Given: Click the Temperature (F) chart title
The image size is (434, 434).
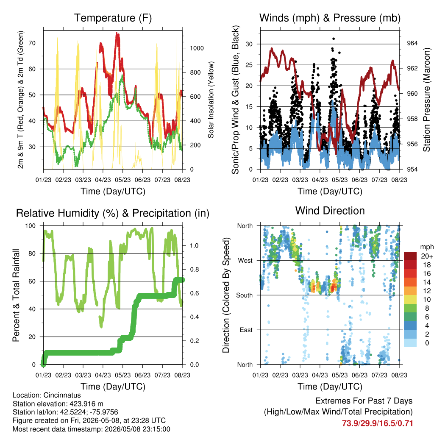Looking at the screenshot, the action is tap(113, 18).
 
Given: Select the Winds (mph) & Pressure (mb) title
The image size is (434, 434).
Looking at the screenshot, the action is tap(330, 18).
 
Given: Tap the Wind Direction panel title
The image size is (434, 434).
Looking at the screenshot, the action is tap(330, 211).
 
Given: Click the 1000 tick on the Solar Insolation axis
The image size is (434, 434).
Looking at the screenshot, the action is tap(197, 48).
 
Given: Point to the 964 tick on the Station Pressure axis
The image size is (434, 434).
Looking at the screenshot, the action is tap(412, 43).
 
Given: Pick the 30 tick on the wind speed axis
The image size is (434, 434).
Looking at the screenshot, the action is tap(249, 44).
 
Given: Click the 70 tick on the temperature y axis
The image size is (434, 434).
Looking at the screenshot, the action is tap(32, 43).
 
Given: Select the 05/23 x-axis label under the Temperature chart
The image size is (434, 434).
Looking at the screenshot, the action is tap(122, 180).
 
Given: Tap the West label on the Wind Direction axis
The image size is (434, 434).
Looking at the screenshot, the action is tap(245, 261).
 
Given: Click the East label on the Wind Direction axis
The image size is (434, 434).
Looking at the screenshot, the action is tap(246, 330).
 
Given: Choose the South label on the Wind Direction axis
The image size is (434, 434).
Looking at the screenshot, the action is tap(245, 295).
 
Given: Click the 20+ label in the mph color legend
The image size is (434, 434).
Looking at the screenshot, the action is tap(427, 256).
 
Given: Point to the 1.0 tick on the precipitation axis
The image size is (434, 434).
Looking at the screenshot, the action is tap(194, 246).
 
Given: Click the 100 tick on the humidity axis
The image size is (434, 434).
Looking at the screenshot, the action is tap(31, 226).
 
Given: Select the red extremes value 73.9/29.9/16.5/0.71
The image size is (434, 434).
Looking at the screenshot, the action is tap(377, 423).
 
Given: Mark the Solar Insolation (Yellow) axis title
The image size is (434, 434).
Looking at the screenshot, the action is tap(211, 100).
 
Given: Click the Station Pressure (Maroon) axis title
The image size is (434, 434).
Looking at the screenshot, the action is tap(426, 100).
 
